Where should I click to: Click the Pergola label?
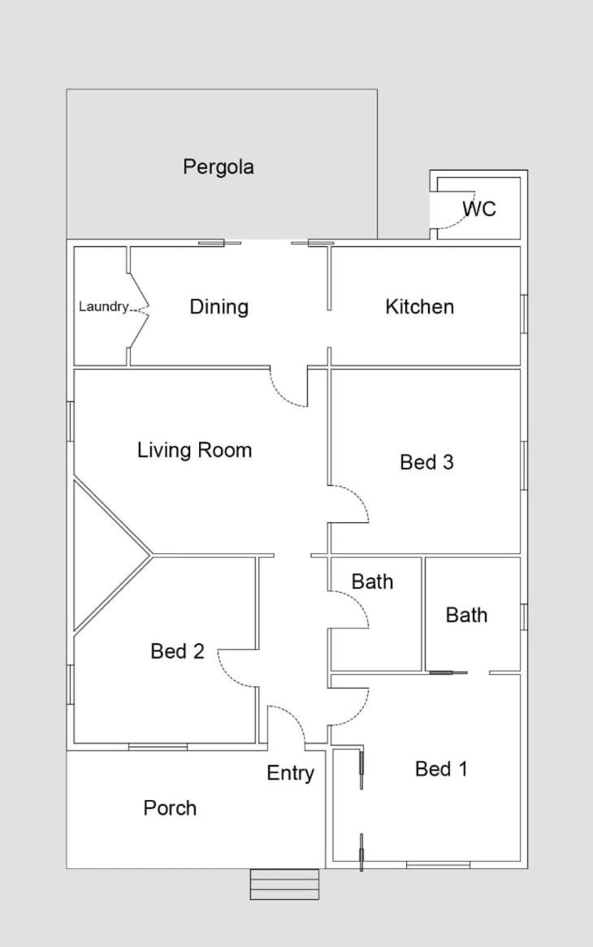pos(218,166)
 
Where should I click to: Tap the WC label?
pos(479,209)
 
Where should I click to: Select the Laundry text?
pos(104,307)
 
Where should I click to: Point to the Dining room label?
pos(219,307)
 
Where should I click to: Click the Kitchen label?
pos(420,307)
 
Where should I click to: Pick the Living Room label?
pos(194,450)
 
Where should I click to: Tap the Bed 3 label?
pos(426,462)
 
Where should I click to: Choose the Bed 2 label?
pos(178,651)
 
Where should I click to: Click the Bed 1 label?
pos(441,769)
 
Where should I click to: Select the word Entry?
pos(291,773)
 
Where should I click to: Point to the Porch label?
pos(170,808)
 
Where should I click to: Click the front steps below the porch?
pos(284,884)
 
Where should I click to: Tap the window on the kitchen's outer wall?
pos(524,314)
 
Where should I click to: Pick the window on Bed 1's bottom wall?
pos(438,866)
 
